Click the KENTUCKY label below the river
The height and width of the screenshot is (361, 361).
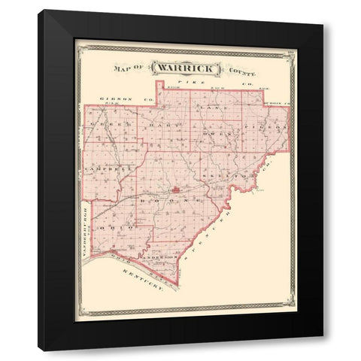coord(142,283)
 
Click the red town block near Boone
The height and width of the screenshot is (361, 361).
coord(174,190)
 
